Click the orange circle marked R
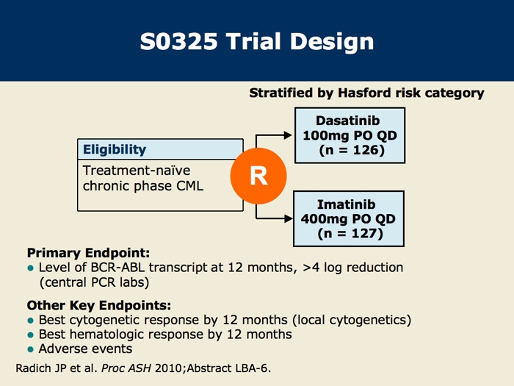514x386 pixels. point(258,176)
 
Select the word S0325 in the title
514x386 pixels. point(178,42)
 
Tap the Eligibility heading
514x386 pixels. point(115,149)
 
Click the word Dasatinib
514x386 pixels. point(348,121)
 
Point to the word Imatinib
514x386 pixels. point(346,204)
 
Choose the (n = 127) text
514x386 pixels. point(350,233)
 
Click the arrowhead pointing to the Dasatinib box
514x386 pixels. point(288,135)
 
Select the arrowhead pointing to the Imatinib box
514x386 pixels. point(289,218)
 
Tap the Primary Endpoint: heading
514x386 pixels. point(88,253)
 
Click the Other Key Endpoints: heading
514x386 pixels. point(98,305)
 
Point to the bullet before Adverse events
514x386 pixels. point(31,349)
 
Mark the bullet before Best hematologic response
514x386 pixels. point(31,335)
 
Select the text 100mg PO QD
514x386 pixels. point(350,135)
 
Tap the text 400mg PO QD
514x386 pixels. point(348,218)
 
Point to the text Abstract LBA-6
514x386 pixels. point(229,368)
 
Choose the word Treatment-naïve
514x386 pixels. point(137,171)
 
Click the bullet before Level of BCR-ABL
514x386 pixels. point(31,268)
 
